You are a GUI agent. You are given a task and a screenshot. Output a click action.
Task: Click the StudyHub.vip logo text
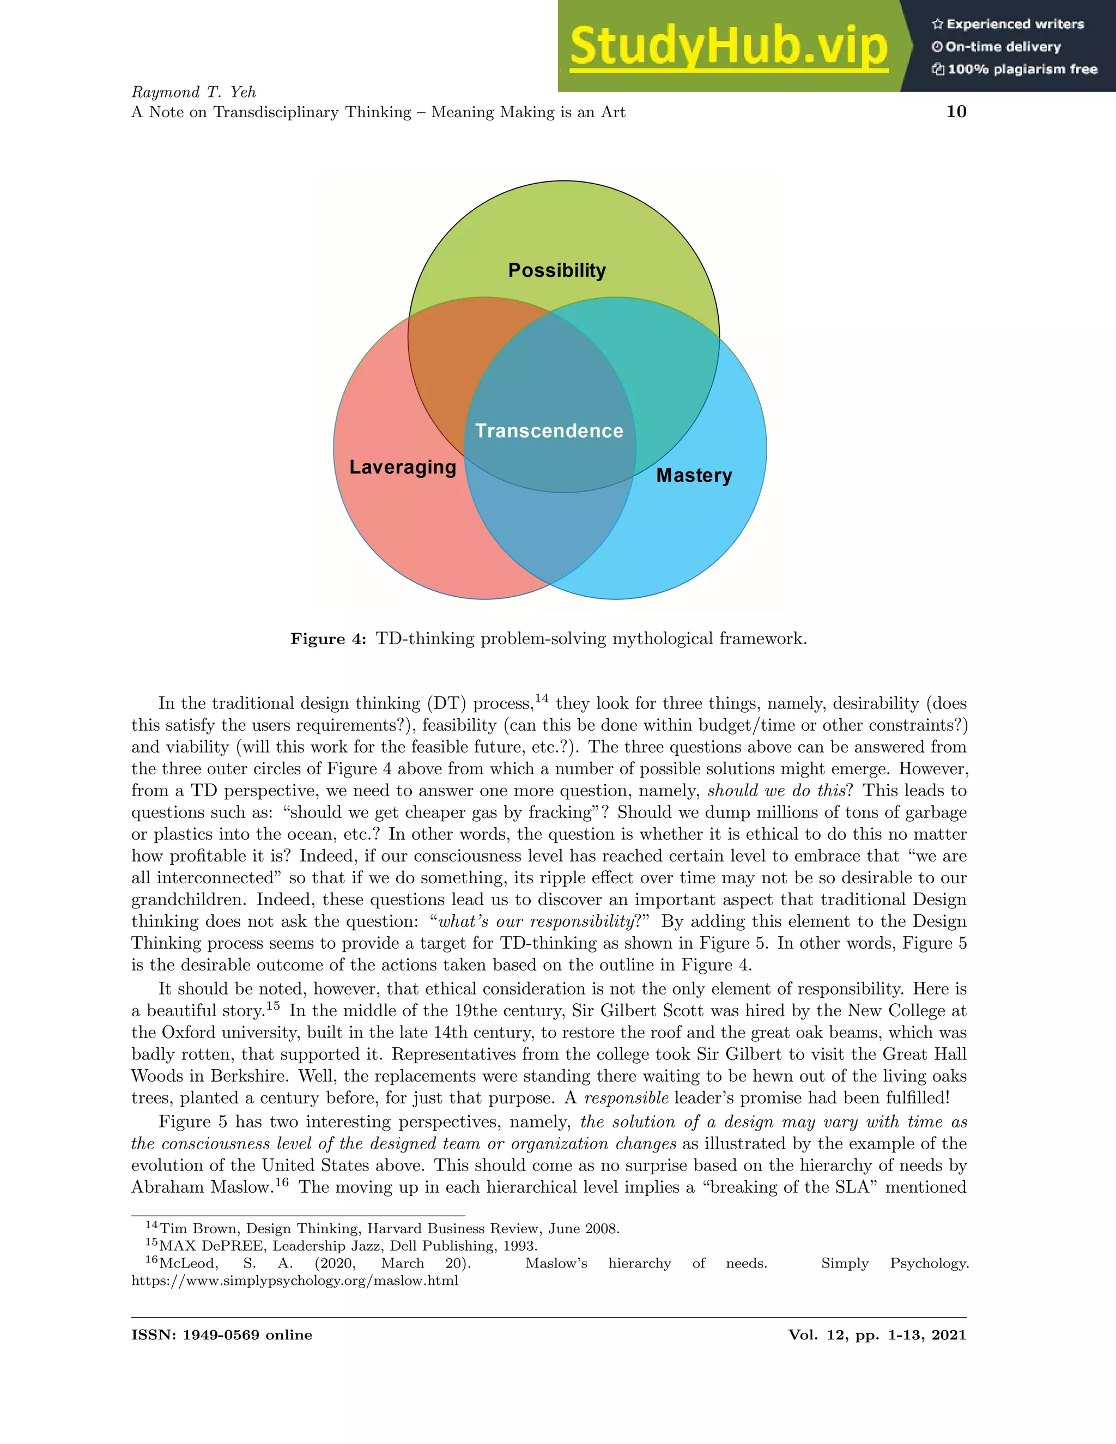click(x=728, y=46)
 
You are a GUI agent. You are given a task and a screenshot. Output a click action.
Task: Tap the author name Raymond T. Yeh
click(x=193, y=92)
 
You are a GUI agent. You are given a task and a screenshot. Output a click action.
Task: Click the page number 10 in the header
click(x=956, y=111)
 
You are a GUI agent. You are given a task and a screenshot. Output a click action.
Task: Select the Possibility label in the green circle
click(x=557, y=270)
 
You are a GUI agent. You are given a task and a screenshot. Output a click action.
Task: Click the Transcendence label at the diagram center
click(x=549, y=431)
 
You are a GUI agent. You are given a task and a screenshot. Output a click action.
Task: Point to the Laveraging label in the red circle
click(x=403, y=468)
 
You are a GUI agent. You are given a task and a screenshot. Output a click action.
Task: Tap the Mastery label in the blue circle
click(x=694, y=475)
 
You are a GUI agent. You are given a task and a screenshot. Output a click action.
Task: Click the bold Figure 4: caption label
click(x=328, y=639)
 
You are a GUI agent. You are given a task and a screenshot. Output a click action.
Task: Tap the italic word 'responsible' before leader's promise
click(x=626, y=1098)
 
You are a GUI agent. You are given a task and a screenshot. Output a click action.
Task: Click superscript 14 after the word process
click(x=542, y=698)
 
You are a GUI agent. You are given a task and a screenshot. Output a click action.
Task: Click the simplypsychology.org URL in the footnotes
click(x=295, y=1281)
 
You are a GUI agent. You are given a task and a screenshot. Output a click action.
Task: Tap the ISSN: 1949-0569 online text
click(x=221, y=1335)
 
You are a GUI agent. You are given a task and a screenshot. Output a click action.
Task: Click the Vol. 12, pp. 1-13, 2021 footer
click(x=877, y=1335)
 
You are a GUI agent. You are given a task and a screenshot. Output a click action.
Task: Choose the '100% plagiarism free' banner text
click(x=1022, y=69)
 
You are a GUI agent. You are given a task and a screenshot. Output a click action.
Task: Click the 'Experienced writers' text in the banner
click(x=1015, y=25)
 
